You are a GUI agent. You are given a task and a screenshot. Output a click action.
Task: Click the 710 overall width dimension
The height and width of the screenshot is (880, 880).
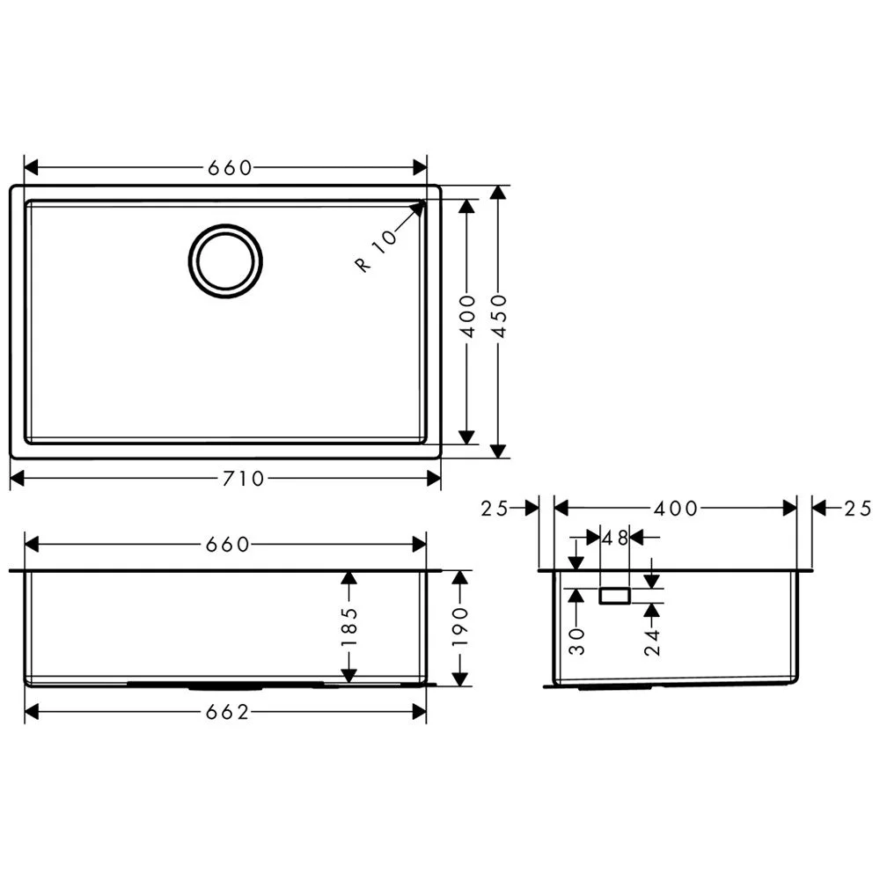pyautogui.click(x=244, y=479)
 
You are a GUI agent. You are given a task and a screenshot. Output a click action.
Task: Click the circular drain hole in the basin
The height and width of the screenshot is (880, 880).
pyautogui.click(x=225, y=260)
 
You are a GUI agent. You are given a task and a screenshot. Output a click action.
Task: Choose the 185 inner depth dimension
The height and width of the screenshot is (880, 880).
pyautogui.click(x=349, y=626)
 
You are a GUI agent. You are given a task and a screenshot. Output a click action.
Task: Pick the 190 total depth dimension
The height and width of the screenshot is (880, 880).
pyautogui.click(x=460, y=626)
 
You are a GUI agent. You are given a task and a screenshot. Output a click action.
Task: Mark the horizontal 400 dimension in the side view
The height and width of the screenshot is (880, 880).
pyautogui.click(x=676, y=509)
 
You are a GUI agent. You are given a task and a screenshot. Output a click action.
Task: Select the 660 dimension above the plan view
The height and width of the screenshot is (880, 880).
pyautogui.click(x=230, y=168)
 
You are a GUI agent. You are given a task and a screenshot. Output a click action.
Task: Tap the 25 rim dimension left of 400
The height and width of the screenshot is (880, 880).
pyautogui.click(x=495, y=509)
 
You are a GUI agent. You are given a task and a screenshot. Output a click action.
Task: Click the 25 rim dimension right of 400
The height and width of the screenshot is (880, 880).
pyautogui.click(x=856, y=508)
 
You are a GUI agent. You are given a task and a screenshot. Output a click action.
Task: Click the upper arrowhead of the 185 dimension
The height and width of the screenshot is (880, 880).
pyautogui.click(x=349, y=577)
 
